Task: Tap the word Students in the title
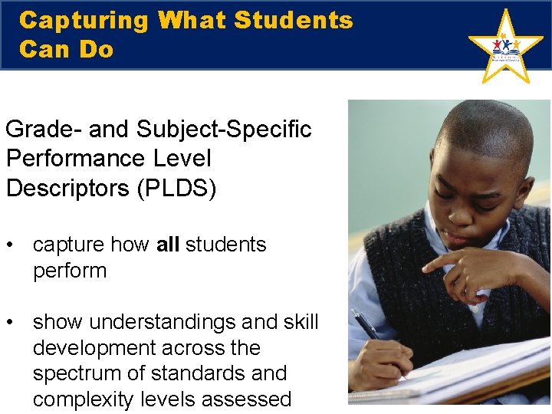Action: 294,21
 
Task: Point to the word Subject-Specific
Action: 224,130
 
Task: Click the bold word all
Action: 167,245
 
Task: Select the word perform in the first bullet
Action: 69,271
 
